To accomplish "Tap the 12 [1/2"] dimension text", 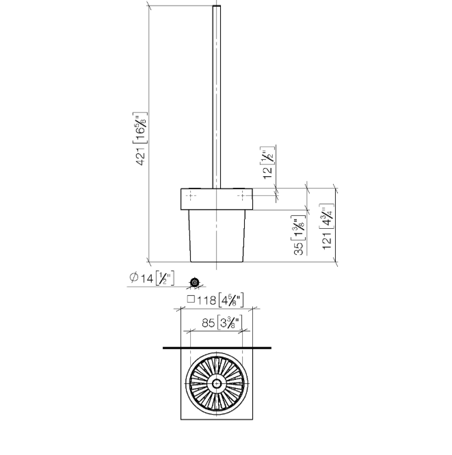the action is (x=268, y=163).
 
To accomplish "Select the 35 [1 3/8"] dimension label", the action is (x=299, y=235).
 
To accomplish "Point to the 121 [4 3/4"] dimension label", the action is (x=327, y=226).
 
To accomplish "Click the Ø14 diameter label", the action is (x=152, y=278).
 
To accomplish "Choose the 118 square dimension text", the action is (x=215, y=300).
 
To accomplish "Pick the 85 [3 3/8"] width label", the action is (x=222, y=322).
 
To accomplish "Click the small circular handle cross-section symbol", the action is (x=195, y=281).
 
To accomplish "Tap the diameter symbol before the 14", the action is (x=133, y=277).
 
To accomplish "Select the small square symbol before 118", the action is (x=191, y=299).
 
